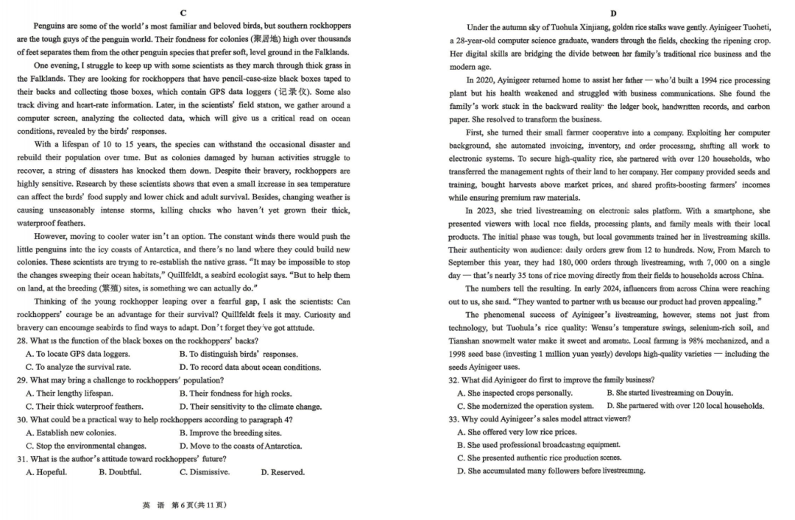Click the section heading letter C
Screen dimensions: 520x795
pos(183,13)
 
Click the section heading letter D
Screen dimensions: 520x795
pos(613,13)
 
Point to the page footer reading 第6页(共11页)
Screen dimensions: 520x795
pos(198,505)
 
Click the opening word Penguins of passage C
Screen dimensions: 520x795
pos(49,26)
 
